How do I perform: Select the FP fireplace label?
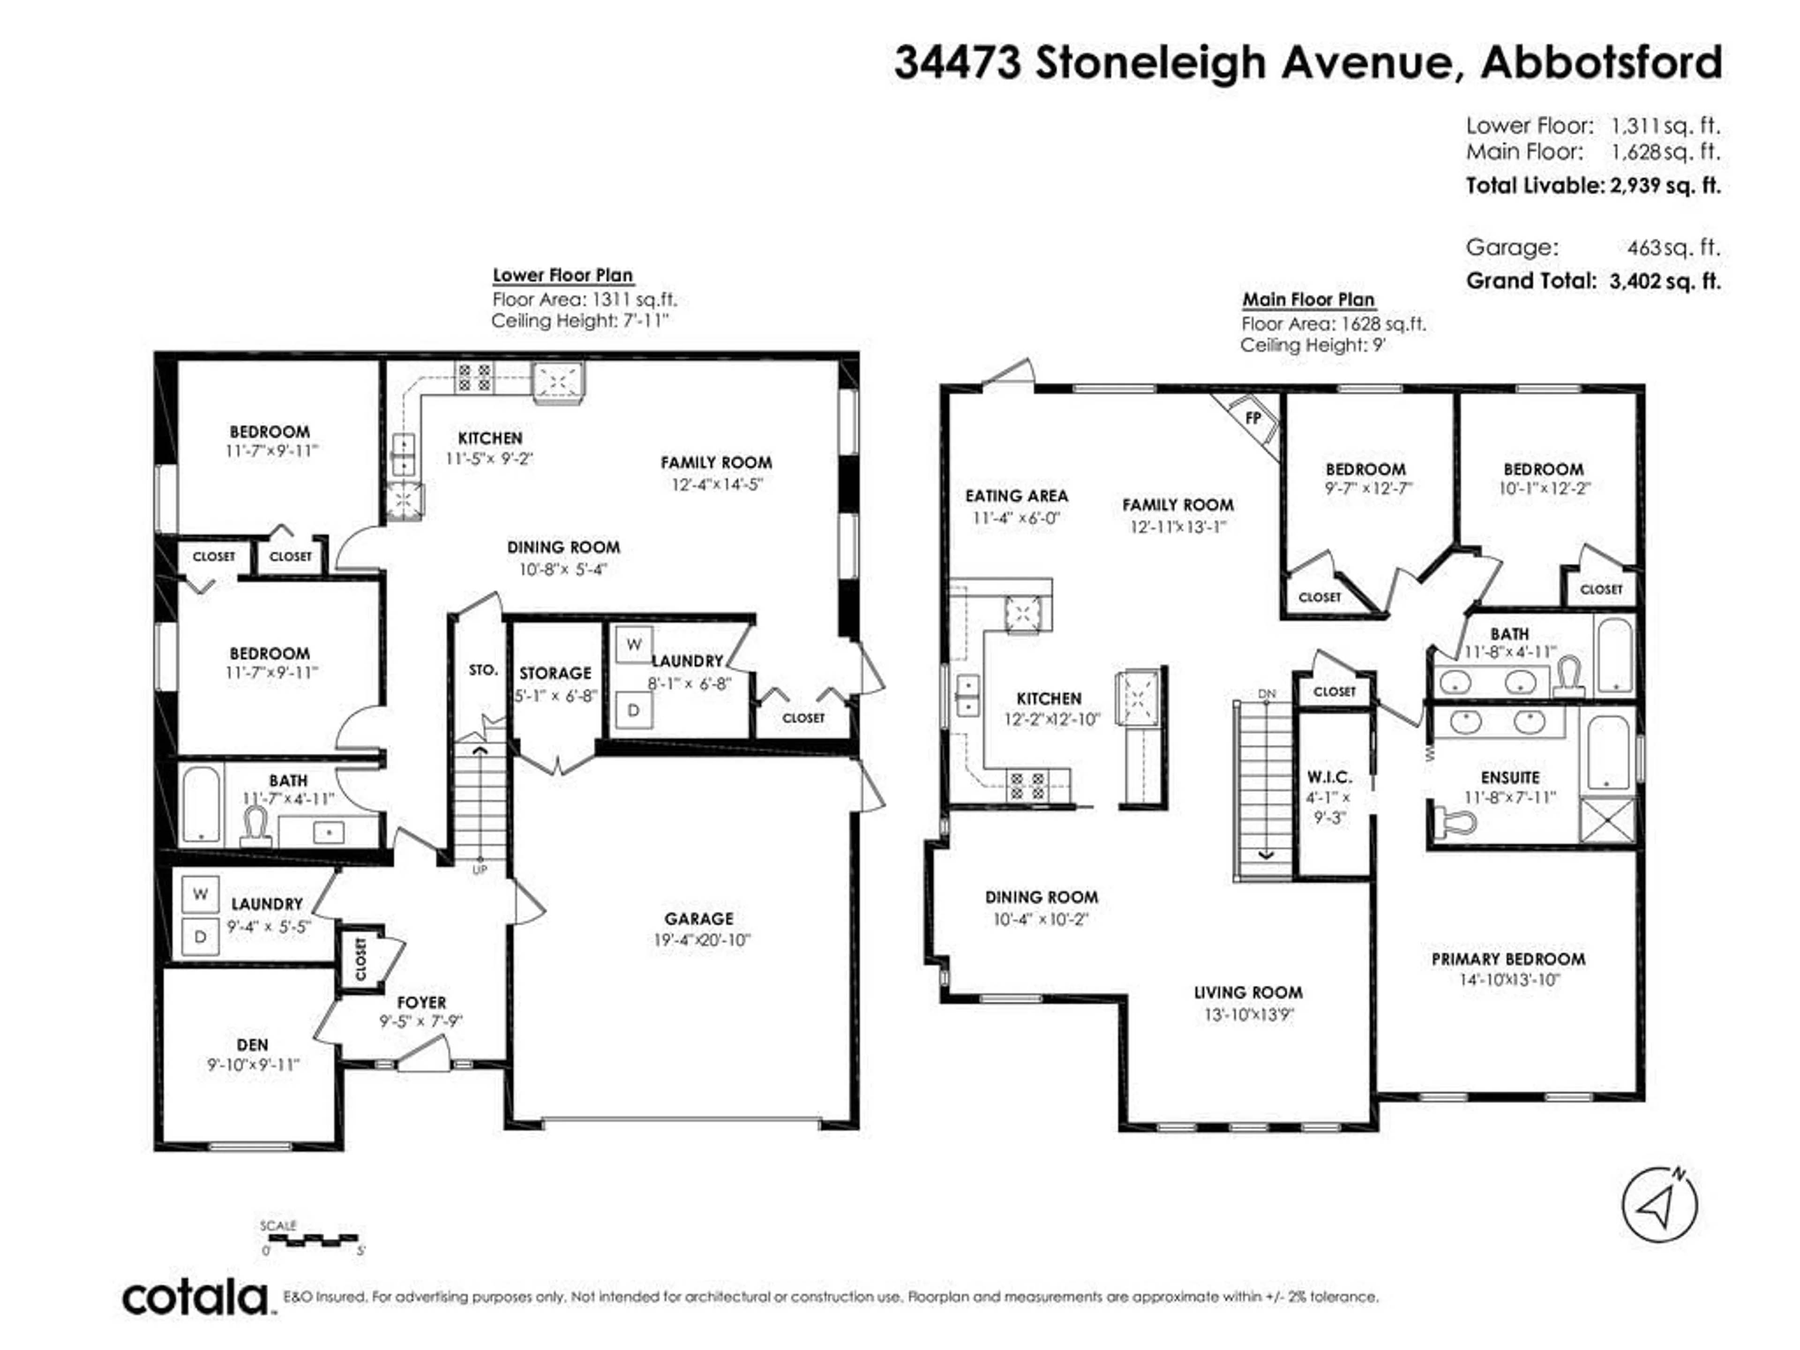coord(1253,418)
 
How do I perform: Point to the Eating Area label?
coord(1016,495)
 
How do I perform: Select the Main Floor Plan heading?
coord(1308,300)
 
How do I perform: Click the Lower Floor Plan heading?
coord(562,275)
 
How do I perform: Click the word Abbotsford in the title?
coord(1601,62)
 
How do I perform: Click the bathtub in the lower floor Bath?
coord(200,804)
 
